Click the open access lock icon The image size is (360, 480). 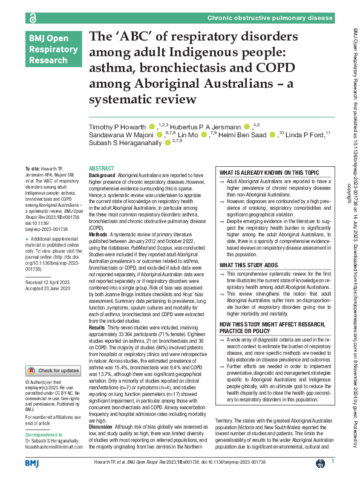pyautogui.click(x=32, y=19)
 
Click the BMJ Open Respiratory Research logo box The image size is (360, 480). pyautogui.click(x=50, y=50)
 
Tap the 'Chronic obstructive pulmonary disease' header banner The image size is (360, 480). pyautogui.click(x=270, y=19)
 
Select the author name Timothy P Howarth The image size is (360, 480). pyautogui.click(x=119, y=126)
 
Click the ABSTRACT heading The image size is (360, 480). pyautogui.click(x=101, y=169)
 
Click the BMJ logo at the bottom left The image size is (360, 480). pyautogui.click(x=32, y=462)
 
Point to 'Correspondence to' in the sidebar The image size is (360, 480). pyautogui.click(x=44, y=434)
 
